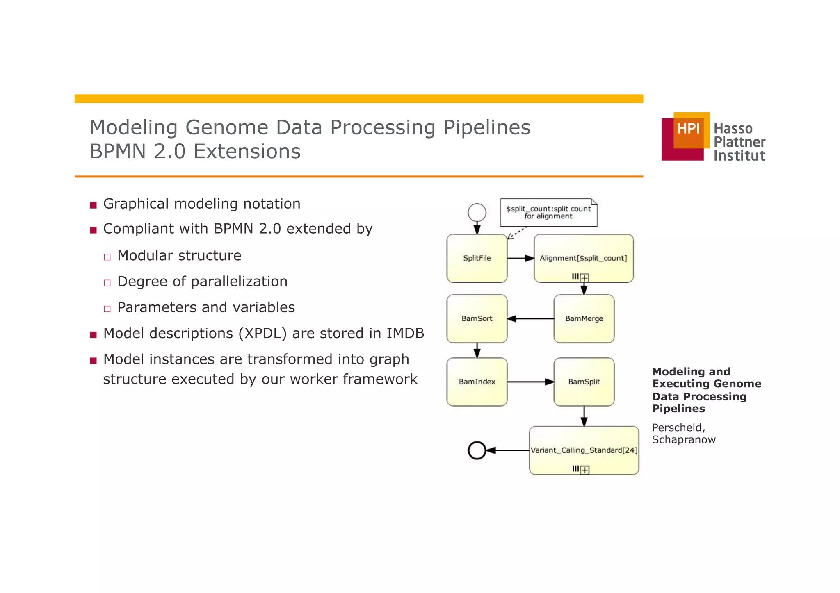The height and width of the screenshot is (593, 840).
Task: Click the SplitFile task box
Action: (477, 258)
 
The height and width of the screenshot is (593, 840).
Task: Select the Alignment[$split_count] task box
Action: (583, 258)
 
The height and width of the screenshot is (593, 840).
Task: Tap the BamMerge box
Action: (584, 318)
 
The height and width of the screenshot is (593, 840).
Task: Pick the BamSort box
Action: (477, 318)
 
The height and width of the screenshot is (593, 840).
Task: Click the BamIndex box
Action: (477, 382)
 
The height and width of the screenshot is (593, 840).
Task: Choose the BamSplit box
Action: (584, 382)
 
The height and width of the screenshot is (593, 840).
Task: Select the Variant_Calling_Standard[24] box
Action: (584, 450)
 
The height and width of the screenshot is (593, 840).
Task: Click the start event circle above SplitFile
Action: (477, 212)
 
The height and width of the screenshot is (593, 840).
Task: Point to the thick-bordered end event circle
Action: (477, 450)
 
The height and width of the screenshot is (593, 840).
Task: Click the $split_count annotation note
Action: (548, 212)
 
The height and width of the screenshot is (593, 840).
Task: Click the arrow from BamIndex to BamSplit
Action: (530, 382)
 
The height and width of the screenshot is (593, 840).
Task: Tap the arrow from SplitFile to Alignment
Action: (520, 258)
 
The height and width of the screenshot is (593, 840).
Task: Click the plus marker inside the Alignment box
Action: (585, 278)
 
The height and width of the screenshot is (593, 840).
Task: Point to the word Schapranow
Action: (683, 440)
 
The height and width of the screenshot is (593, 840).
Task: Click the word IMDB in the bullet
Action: (405, 333)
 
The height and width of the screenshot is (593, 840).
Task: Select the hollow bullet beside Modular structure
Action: (107, 257)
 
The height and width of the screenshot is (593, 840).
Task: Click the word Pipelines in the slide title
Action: (487, 127)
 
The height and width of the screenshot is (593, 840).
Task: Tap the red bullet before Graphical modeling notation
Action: (93, 205)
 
